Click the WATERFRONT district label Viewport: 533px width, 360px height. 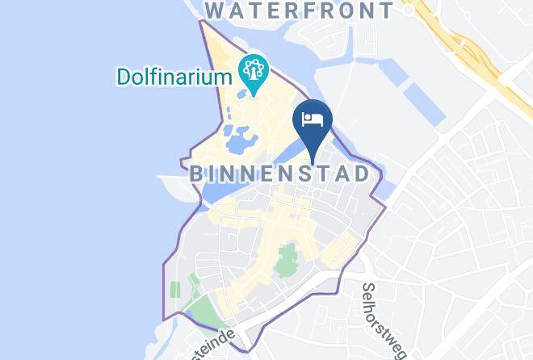[300, 11]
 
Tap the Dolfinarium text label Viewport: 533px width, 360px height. [173, 77]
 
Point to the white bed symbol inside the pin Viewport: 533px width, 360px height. [313, 119]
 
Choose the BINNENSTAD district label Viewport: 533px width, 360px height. [279, 174]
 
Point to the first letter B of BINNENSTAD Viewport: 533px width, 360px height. [195, 174]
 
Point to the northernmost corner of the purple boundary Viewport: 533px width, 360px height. [202, 19]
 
